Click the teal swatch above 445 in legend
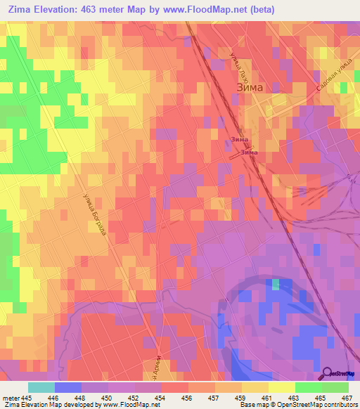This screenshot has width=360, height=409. click(41, 387)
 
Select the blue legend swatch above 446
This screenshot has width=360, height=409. click(68, 387)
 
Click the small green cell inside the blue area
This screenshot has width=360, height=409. click(276, 284)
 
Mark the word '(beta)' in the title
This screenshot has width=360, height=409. click(259, 10)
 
